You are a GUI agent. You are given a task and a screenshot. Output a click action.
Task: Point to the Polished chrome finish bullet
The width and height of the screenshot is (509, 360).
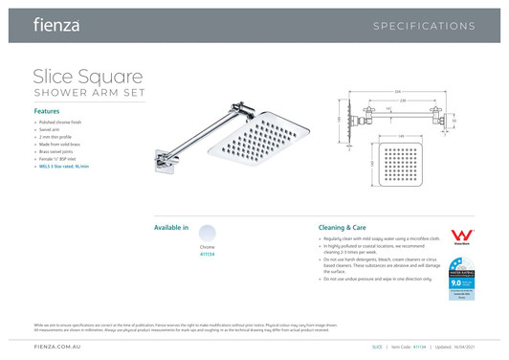coord(62,124)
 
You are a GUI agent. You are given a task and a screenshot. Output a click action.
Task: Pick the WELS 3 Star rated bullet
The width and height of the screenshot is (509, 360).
coord(64,167)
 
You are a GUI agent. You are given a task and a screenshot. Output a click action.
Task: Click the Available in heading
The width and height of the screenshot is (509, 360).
coord(171,228)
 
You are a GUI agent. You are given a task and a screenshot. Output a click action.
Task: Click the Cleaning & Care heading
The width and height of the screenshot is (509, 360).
coord(343,228)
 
